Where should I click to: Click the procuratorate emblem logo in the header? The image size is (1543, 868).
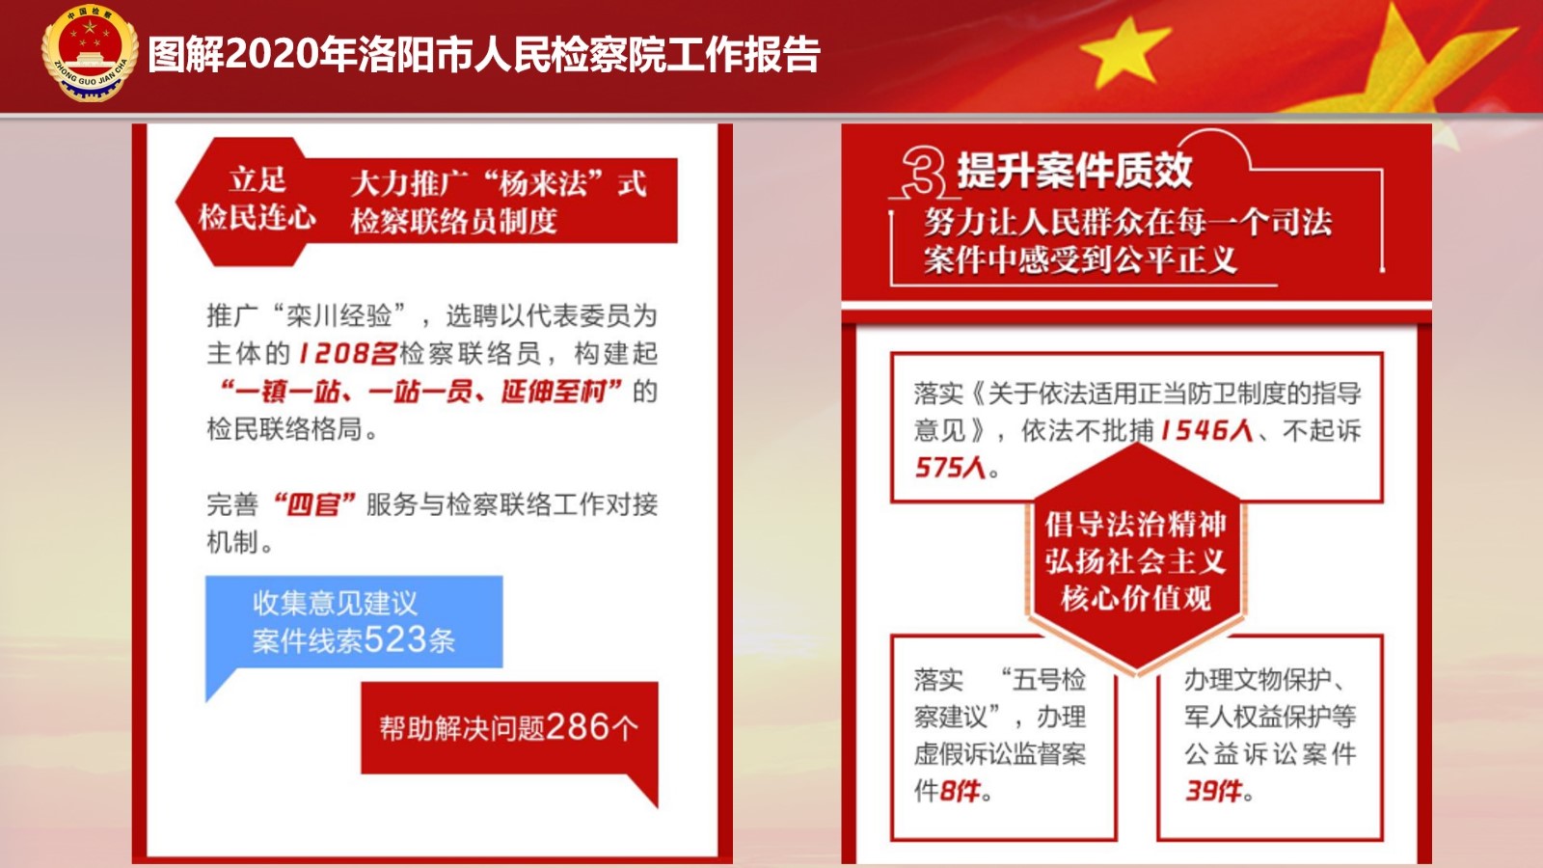(91, 53)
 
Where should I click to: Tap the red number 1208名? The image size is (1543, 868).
(348, 353)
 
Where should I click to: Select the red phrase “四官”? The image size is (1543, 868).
(314, 505)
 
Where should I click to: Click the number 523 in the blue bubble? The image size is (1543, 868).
(394, 640)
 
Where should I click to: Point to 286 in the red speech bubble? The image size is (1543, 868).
(578, 727)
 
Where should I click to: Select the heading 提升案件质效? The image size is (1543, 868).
(1074, 170)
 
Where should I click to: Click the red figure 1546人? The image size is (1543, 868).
(1206, 430)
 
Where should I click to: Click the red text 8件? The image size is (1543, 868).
(960, 791)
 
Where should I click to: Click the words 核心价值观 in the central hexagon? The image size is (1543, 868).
(1136, 598)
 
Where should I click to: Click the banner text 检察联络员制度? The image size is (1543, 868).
(454, 221)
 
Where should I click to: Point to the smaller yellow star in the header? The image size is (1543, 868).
(1125, 53)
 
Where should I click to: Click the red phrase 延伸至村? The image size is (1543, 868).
(554, 392)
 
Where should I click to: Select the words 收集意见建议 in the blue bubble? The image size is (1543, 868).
(335, 604)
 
